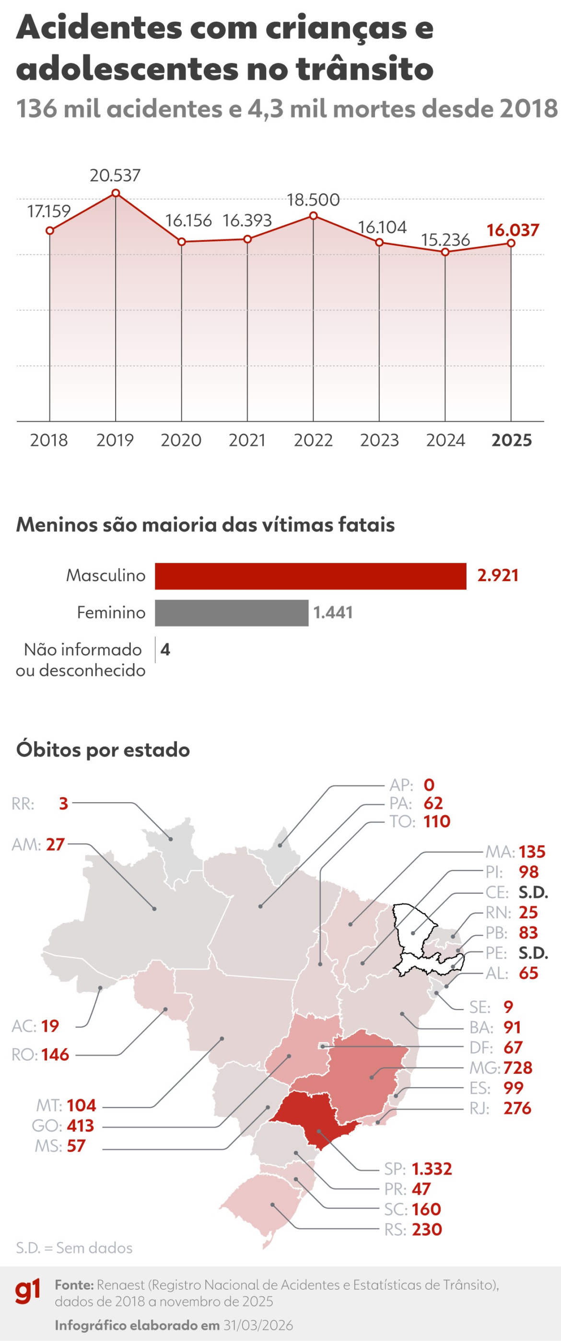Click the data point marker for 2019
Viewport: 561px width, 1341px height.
tap(116, 193)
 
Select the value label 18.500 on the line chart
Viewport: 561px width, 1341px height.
tap(313, 200)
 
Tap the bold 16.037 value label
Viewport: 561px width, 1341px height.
tap(512, 230)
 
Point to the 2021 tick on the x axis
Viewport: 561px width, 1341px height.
tap(247, 440)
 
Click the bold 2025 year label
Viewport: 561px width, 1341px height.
tap(511, 440)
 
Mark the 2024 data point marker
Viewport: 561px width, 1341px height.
tap(445, 252)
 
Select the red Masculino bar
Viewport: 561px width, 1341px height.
tap(310, 576)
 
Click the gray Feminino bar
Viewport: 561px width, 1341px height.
tap(232, 613)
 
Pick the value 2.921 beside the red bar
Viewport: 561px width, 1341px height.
tap(497, 576)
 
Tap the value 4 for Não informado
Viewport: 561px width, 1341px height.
tap(165, 650)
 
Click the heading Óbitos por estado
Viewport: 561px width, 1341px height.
tap(103, 749)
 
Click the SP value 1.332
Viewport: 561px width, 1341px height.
tap(432, 1169)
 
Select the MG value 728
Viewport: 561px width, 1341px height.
tap(517, 1068)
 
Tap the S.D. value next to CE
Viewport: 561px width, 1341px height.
tap(533, 892)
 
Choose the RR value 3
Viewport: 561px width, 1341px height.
tap(63, 804)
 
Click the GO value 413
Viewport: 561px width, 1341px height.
tap(80, 1126)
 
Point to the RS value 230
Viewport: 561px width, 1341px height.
tap(427, 1230)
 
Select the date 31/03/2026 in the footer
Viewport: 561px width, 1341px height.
tap(258, 1325)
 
